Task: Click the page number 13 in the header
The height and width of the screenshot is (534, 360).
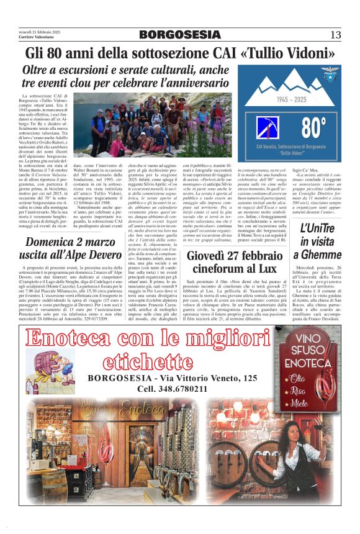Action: pos(335,34)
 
